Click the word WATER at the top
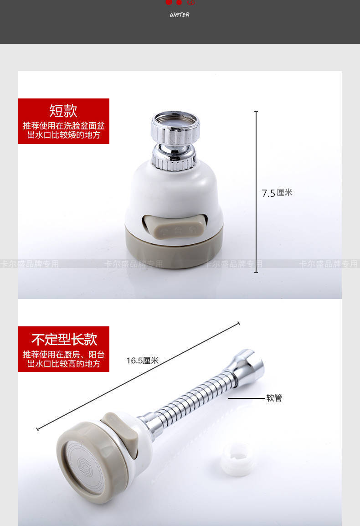pos(180,15)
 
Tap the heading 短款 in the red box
pos(63,110)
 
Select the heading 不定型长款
pos(64,339)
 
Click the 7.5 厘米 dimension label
pos(277,193)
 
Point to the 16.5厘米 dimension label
pos(142,361)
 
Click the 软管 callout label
pos(274,398)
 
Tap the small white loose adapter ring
pos(237,459)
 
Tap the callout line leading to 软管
pos(246,398)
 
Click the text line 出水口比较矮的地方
pos(64,135)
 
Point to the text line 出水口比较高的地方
pos(64,364)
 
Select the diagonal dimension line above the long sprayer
pos(137,376)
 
